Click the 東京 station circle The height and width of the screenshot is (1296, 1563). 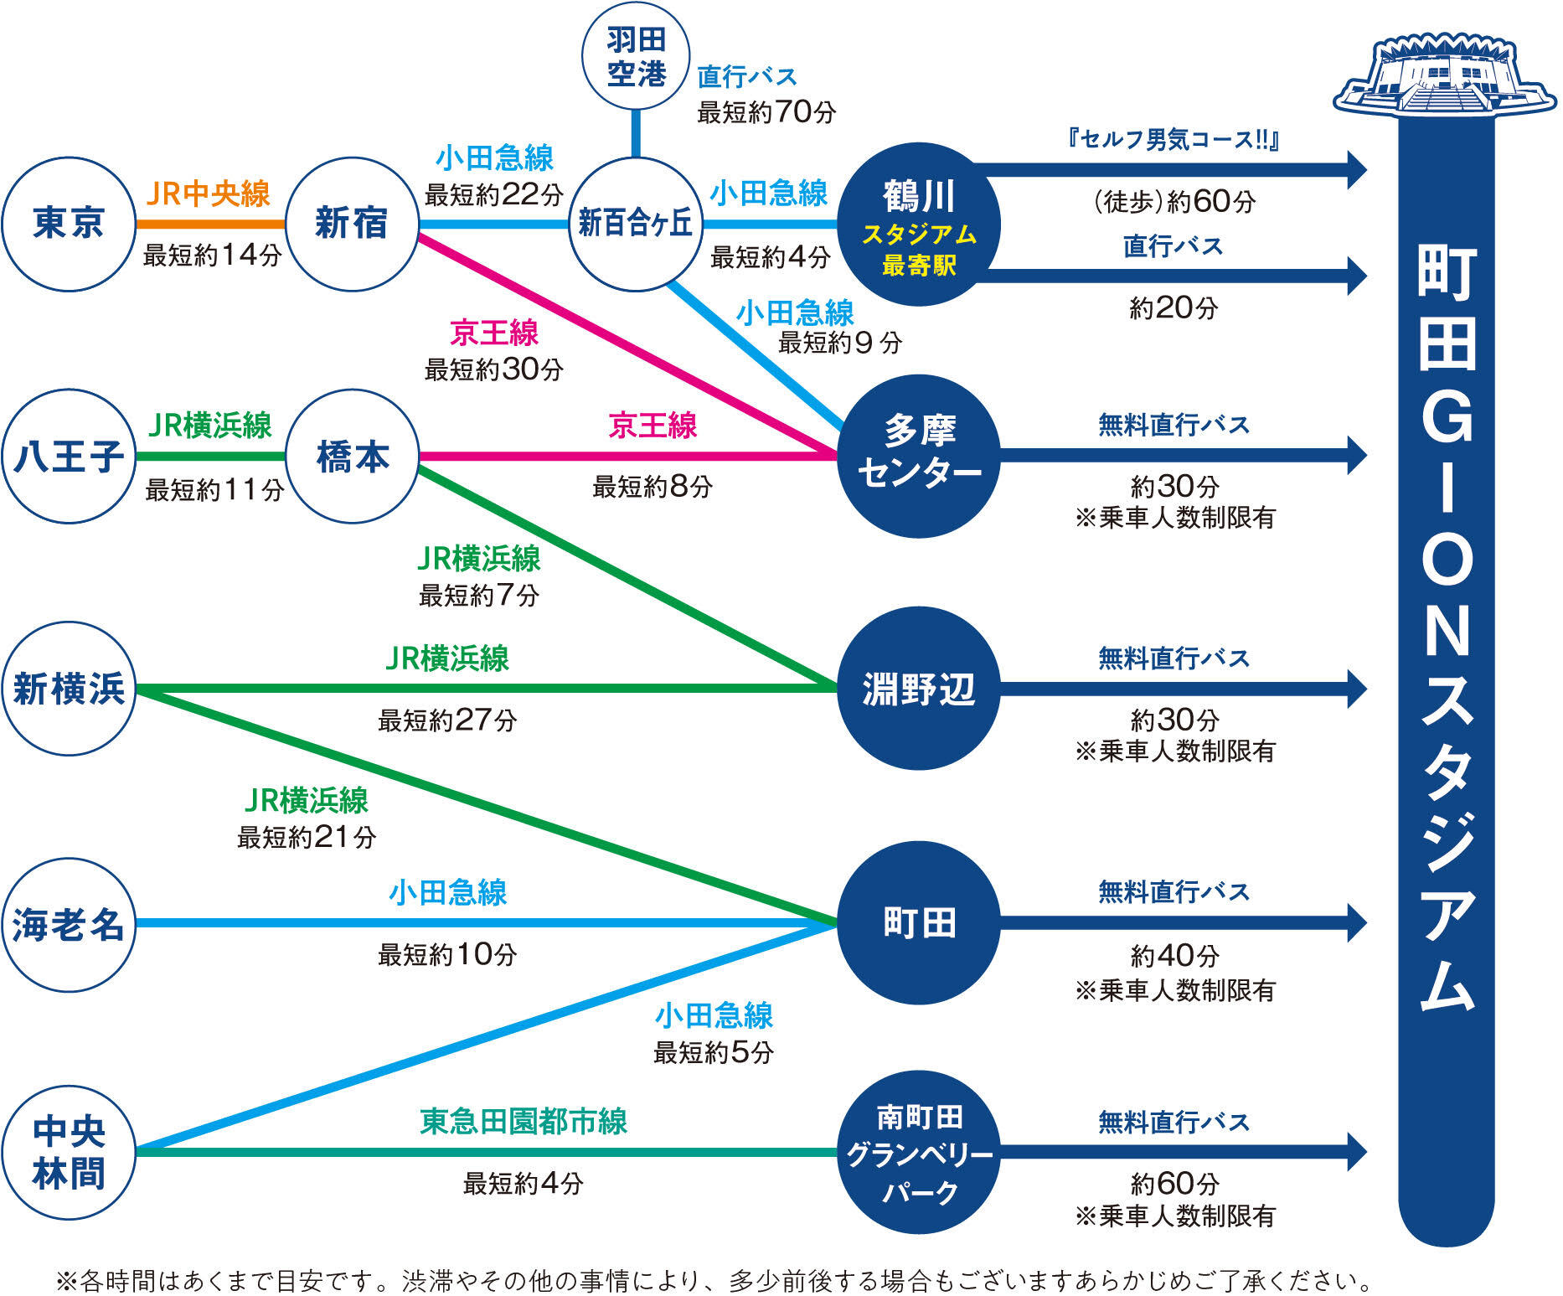[69, 224]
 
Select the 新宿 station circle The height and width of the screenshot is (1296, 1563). [352, 224]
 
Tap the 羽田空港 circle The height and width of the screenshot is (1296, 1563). [636, 56]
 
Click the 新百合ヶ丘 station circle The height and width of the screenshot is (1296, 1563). [636, 224]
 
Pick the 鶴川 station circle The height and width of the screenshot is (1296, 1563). [919, 224]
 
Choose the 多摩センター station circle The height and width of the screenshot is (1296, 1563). [919, 455]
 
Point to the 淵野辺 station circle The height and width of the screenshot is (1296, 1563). [919, 689]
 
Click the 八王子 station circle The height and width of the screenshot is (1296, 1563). [69, 457]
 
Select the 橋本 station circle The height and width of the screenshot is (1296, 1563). [352, 457]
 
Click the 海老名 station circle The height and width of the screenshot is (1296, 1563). [69, 924]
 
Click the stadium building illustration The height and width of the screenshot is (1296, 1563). [1445, 75]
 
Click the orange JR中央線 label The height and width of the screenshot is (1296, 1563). [208, 194]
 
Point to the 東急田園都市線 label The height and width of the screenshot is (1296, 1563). [524, 1121]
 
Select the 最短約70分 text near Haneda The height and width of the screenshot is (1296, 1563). [766, 111]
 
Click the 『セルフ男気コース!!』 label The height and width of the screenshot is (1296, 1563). [1173, 139]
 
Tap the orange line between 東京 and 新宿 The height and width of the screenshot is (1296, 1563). [210, 224]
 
